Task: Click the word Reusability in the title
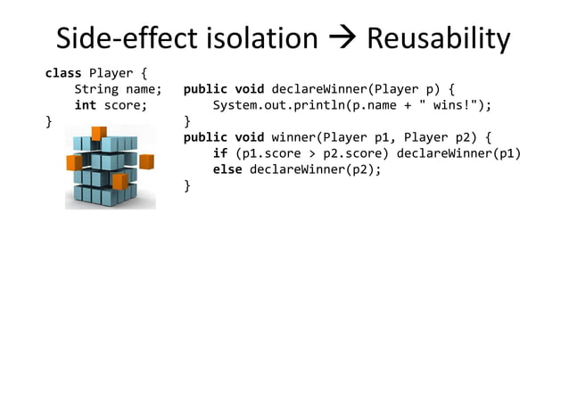click(x=438, y=39)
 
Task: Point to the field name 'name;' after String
click(x=144, y=89)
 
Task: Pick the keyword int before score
click(x=86, y=105)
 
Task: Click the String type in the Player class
click(x=96, y=89)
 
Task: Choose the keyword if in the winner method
click(x=220, y=153)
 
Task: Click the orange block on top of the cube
click(x=99, y=134)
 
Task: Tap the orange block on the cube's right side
click(x=146, y=161)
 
